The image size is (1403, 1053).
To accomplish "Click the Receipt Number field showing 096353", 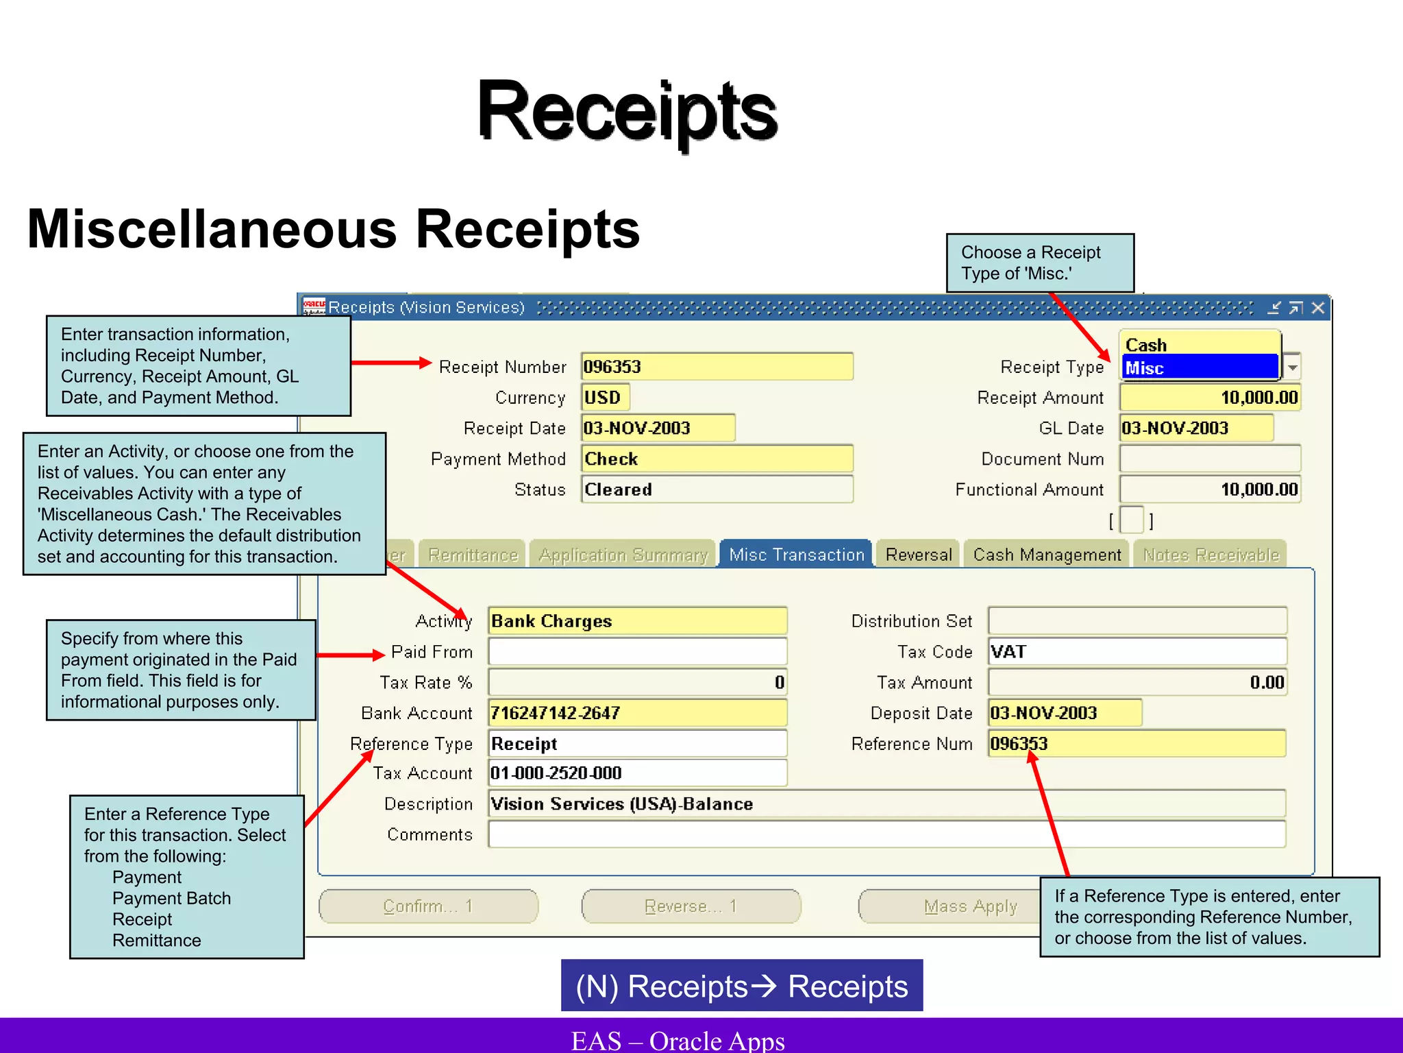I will click(717, 367).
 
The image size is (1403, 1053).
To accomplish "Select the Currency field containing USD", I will click(605, 398).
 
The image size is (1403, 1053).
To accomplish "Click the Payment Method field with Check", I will click(717, 459).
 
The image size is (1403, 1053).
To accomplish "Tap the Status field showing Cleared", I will click(717, 489).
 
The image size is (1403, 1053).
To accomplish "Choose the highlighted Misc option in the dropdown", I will click(1200, 368).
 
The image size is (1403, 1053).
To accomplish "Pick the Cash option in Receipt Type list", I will click(1200, 345).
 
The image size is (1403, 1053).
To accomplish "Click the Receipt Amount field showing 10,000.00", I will click(1210, 398).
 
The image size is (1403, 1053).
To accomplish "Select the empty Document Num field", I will click(1210, 459).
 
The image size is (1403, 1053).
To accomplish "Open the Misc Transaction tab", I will click(796, 555).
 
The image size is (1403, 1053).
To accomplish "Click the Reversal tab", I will click(919, 555).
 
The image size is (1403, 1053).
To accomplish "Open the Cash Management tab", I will click(1047, 555).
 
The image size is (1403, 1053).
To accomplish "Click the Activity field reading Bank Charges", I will click(637, 621).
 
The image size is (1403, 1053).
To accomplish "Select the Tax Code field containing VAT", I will click(1137, 651).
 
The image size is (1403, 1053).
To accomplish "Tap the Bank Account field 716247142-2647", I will click(637, 713).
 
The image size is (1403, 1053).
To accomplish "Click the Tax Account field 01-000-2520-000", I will click(637, 773).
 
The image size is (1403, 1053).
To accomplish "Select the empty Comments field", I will click(886, 834).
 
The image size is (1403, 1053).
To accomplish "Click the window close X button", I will click(1318, 308).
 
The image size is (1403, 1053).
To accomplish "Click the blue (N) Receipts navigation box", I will click(741, 986).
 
